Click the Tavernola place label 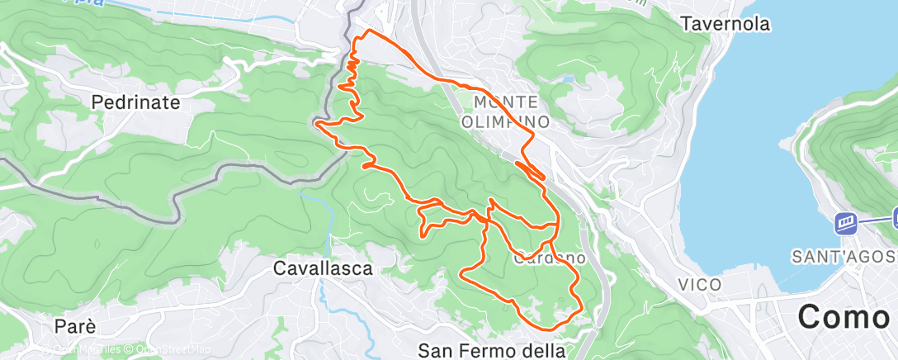(x=725, y=24)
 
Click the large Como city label (x=847, y=316)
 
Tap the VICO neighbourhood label (x=700, y=285)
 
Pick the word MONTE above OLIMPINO (x=506, y=102)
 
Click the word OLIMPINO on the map (x=506, y=121)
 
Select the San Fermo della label (x=492, y=350)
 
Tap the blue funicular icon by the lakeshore (x=845, y=221)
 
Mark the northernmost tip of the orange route (x=368, y=31)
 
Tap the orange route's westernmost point (x=315, y=124)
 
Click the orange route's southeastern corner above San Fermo (x=582, y=310)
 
